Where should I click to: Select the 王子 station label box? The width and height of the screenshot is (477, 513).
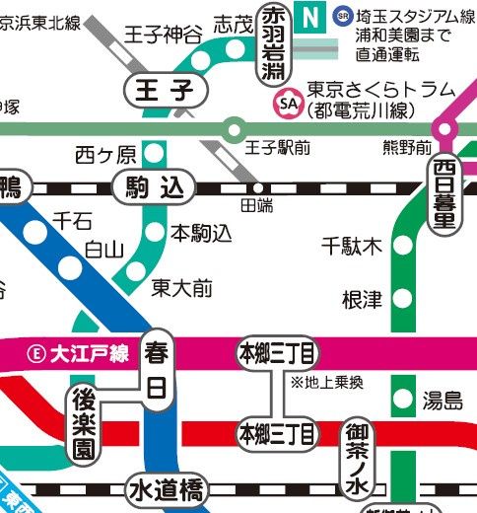[168, 91]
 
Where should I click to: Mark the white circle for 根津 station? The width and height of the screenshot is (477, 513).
[401, 297]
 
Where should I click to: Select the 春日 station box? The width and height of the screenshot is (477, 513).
[157, 369]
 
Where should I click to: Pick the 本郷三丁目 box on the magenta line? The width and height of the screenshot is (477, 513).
[277, 351]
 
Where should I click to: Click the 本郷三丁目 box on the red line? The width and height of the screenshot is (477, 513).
[277, 432]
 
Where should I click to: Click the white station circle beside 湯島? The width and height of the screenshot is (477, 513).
[401, 399]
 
